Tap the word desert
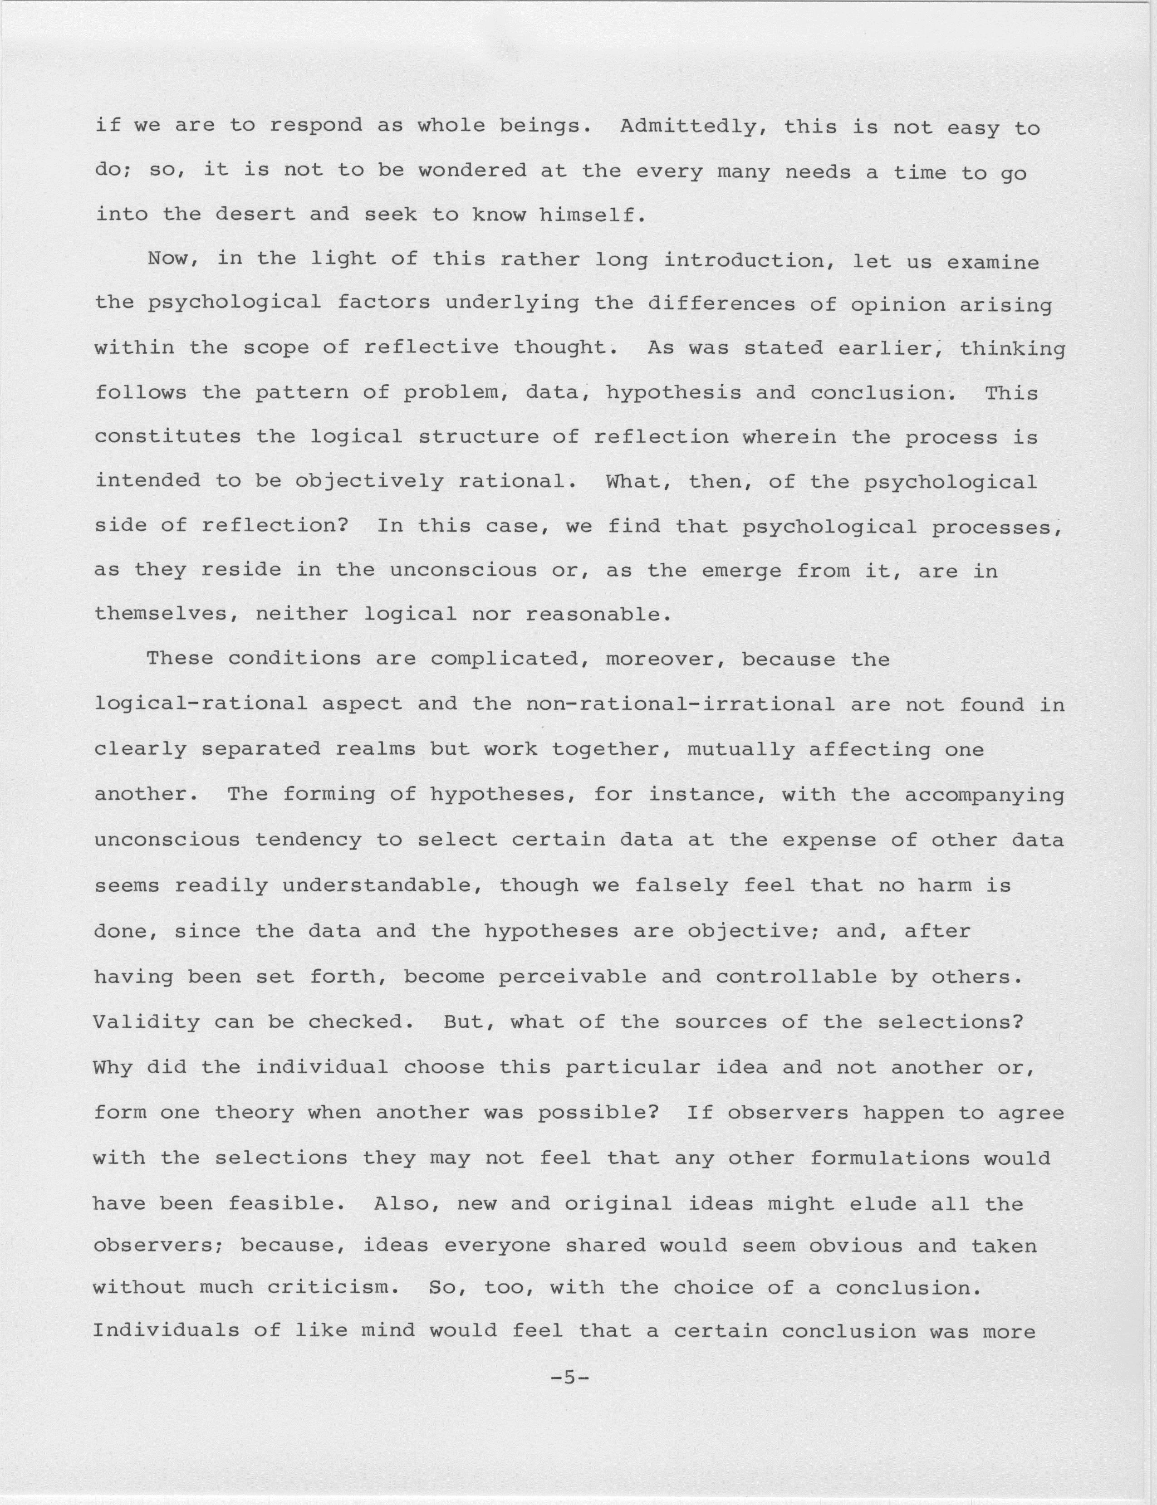(255, 215)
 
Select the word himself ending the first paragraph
(592, 215)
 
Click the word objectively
(369, 481)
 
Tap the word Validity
(146, 1021)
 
